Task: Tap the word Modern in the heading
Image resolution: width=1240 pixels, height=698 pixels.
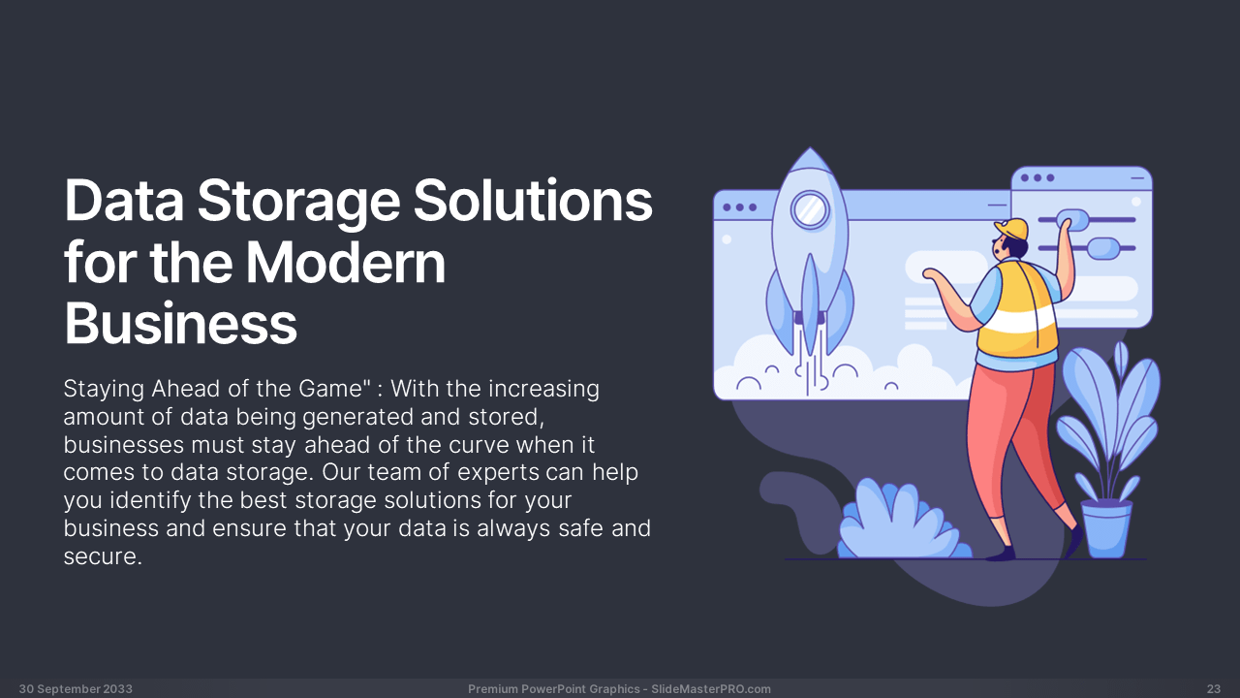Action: pos(346,262)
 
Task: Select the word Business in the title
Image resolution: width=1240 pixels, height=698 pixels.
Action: pos(181,323)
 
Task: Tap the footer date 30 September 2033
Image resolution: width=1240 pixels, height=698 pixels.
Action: pos(76,689)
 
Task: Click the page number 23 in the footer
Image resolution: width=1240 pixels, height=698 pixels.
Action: pos(1214,689)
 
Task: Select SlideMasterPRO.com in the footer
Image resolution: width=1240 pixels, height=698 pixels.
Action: pos(711,689)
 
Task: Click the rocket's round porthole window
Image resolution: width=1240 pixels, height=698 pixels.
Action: pos(811,210)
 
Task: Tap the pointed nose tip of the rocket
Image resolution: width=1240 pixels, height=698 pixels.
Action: pos(811,148)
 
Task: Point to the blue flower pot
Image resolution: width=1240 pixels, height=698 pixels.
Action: pos(1106,528)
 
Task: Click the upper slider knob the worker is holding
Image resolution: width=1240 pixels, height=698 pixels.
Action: pos(1072,219)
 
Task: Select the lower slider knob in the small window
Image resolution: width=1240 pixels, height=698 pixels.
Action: pos(1103,248)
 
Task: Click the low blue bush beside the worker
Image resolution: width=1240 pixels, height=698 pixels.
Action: pos(903,521)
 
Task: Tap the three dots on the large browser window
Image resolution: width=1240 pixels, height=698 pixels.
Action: pos(739,207)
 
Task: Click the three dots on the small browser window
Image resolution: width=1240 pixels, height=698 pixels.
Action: pos(1038,177)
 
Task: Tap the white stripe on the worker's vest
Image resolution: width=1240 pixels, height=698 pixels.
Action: pos(1017,321)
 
